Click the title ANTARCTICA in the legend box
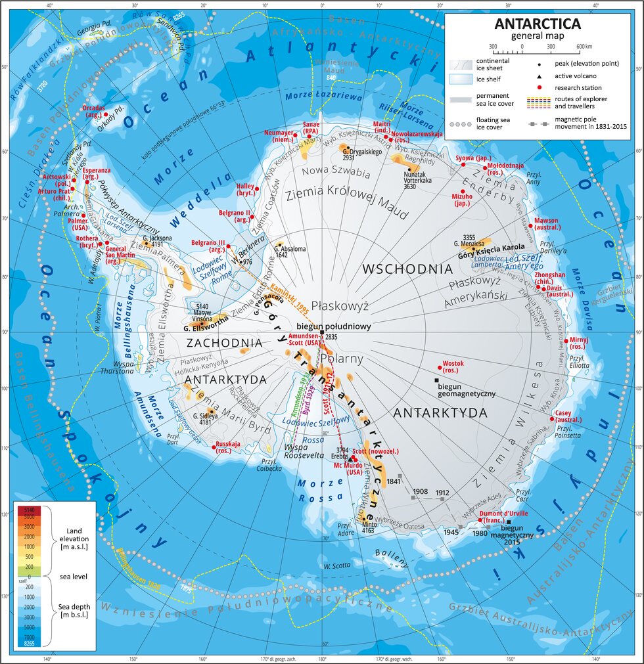click(x=538, y=24)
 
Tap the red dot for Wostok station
click(x=440, y=368)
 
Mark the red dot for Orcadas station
click(x=106, y=114)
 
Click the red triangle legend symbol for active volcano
click(x=539, y=76)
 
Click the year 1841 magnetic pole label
click(x=394, y=481)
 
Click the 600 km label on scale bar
click(x=584, y=47)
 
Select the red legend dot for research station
click(x=539, y=87)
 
